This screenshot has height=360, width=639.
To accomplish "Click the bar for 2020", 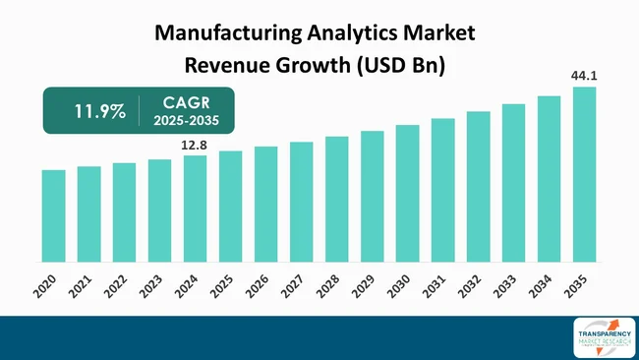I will [x=54, y=215].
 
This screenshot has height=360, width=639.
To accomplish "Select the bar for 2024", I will [x=195, y=209].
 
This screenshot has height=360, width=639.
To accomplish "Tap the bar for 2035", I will [x=584, y=174].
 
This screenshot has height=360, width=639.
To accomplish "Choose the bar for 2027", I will [x=301, y=202].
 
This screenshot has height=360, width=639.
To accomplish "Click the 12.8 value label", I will [x=195, y=146].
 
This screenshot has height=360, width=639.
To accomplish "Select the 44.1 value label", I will [x=584, y=76].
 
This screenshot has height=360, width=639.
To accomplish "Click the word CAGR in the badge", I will [x=187, y=101].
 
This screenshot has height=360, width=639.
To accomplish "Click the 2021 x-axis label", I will [x=81, y=288].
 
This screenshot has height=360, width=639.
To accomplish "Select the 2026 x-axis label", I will [x=258, y=288].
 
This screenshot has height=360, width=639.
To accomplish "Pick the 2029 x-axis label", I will [x=364, y=288].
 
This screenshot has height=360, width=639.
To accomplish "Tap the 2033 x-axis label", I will [x=505, y=288].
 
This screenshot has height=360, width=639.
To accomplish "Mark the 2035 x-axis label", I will [x=576, y=288].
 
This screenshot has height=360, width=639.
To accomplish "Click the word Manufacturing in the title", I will [x=232, y=32].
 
